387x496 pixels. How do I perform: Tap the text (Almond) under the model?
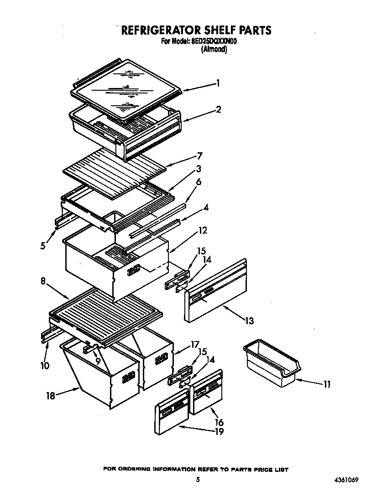[214, 50]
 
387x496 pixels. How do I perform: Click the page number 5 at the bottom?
[198, 480]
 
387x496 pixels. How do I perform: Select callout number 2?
[219, 109]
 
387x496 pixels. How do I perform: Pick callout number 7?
[199, 156]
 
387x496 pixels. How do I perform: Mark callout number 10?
[44, 365]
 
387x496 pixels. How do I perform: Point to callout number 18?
[50, 396]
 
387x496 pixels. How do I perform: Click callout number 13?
[249, 321]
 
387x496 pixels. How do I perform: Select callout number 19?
[219, 431]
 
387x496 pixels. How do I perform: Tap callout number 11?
[327, 384]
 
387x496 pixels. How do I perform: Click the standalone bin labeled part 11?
[272, 364]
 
